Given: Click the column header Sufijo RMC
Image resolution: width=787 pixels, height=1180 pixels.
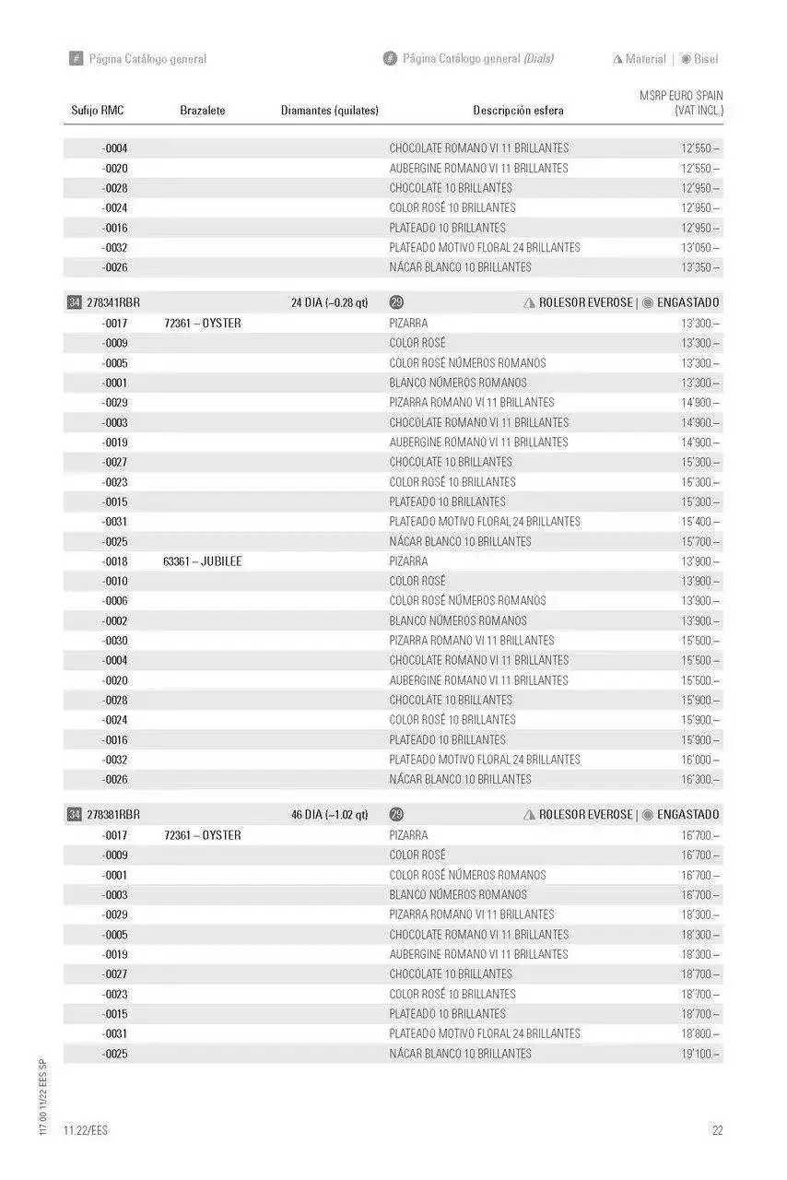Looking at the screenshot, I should pyautogui.click(x=98, y=111).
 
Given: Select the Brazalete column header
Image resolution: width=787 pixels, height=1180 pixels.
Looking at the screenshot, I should pyautogui.click(x=203, y=111).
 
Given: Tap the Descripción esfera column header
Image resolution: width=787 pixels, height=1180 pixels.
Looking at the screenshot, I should pyautogui.click(x=518, y=111).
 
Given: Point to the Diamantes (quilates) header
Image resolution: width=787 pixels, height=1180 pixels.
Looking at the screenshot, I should pyautogui.click(x=330, y=111).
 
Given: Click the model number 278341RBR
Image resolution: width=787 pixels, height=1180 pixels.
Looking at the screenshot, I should pyautogui.click(x=113, y=302).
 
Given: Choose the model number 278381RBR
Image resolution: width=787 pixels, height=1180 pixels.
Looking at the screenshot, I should pyautogui.click(x=113, y=815).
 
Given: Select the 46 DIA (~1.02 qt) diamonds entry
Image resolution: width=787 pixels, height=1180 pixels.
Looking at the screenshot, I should pyautogui.click(x=330, y=815).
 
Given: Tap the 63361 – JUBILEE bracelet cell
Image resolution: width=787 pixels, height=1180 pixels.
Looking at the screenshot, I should pyautogui.click(x=203, y=561).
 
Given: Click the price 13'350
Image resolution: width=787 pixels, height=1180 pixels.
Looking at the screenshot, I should pyautogui.click(x=700, y=267).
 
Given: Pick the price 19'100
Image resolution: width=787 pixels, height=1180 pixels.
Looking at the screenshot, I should pyautogui.click(x=700, y=1054).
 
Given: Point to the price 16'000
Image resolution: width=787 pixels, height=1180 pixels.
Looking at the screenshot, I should pyautogui.click(x=700, y=760).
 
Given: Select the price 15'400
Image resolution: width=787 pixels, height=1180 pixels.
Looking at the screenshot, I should pyautogui.click(x=700, y=522).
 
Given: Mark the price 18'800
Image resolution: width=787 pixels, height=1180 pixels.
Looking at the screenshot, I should pyautogui.click(x=700, y=1033).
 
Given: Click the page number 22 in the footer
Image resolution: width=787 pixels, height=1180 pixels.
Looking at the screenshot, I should pyautogui.click(x=717, y=1130).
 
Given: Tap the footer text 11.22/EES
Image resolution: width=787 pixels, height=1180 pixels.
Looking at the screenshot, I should pyautogui.click(x=86, y=1130).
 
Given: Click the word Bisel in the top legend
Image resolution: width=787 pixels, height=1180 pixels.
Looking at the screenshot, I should pyautogui.click(x=706, y=59).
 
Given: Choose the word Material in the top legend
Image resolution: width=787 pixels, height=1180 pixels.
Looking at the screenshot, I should pyautogui.click(x=645, y=59).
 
